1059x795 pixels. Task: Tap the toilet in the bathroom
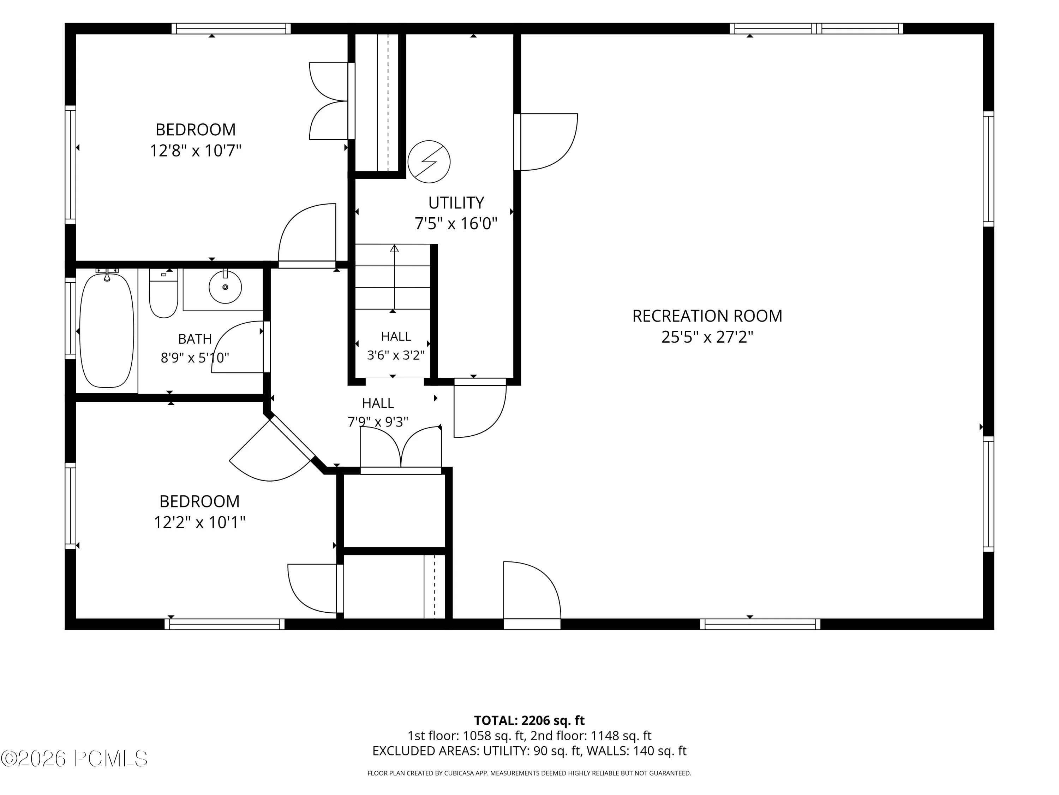tap(164, 293)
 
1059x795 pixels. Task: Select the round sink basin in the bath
tap(225, 287)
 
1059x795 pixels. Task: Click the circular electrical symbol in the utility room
tap(429, 161)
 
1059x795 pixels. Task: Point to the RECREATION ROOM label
tap(707, 316)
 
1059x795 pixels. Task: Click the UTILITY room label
tap(456, 203)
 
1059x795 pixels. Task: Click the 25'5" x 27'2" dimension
tap(707, 337)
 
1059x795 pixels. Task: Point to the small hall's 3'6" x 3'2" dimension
tap(396, 355)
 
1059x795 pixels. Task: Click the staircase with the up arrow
tap(393, 277)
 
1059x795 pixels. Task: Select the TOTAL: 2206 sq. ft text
tap(529, 720)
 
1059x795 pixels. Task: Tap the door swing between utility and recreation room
tap(546, 142)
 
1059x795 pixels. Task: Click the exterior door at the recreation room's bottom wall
tap(532, 595)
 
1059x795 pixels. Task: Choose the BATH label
tap(195, 339)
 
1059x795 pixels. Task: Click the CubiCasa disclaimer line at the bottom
tap(529, 773)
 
